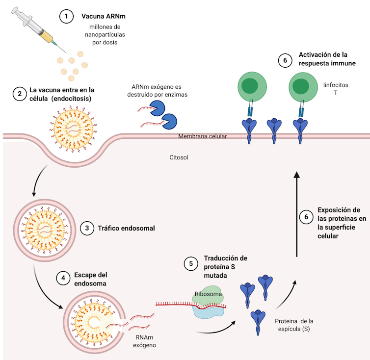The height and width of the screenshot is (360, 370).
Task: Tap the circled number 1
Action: click(x=66, y=16)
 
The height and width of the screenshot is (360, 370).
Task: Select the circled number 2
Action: click(x=19, y=94)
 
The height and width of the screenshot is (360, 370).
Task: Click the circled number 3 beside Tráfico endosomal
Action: click(x=86, y=228)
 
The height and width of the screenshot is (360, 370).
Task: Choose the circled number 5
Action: click(x=191, y=263)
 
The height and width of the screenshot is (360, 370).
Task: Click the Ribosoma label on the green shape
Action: click(x=209, y=294)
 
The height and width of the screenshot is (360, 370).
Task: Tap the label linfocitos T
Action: click(x=336, y=89)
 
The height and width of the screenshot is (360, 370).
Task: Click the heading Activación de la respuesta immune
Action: click(x=324, y=59)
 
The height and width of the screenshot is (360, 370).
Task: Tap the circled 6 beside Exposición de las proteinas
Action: click(x=306, y=216)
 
